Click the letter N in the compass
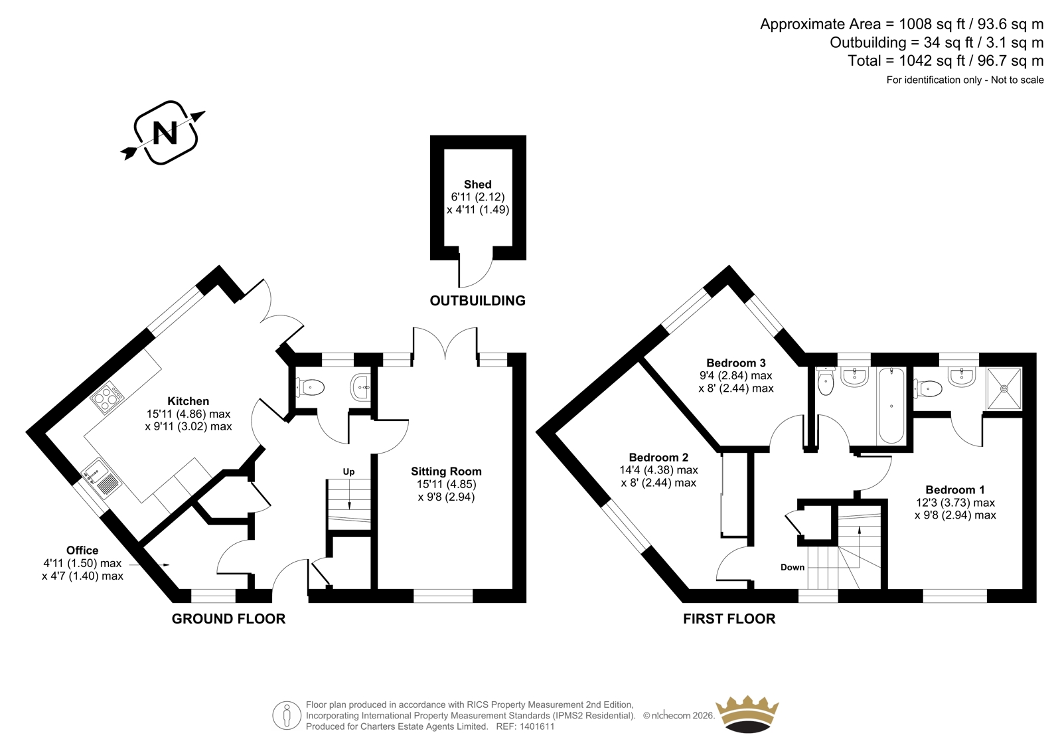[x=165, y=133]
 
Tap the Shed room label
[x=477, y=184]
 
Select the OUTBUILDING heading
[x=477, y=300]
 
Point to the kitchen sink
[x=102, y=478]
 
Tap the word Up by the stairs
[x=348, y=471]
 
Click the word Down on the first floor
[x=793, y=567]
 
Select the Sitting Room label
[x=446, y=471]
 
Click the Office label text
[x=82, y=550]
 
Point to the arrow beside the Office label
[x=149, y=564]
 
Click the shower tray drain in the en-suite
[x=1004, y=388]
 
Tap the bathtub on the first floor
[x=891, y=406]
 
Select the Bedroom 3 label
[x=736, y=363]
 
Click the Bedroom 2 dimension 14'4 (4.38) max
[x=658, y=470]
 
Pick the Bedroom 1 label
[x=955, y=489]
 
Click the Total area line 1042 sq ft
[x=945, y=60]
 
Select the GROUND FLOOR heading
[x=228, y=619]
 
